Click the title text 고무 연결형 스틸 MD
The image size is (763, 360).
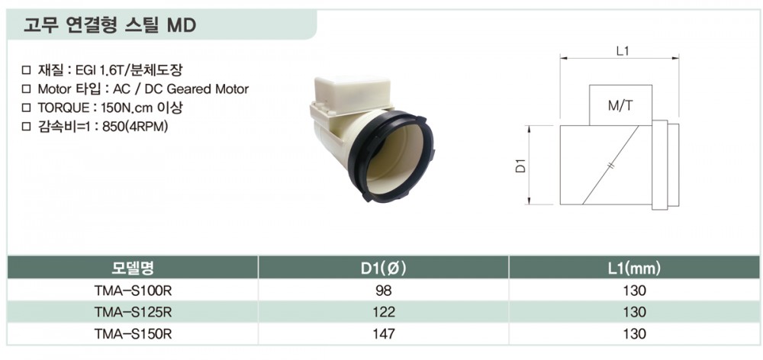109,25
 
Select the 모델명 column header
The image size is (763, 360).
133,267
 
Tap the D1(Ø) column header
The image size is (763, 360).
383,267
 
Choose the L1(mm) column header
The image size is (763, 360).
634,267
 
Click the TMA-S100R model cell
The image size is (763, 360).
133,291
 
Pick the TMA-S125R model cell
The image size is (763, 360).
133,312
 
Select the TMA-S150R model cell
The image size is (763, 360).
133,334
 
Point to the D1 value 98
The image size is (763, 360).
383,291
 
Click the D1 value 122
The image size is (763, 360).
383,312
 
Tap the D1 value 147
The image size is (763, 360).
383,334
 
